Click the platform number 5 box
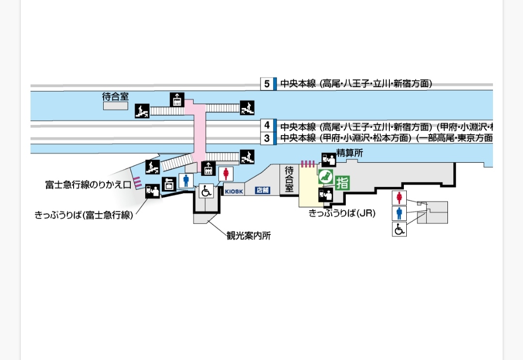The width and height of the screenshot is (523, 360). click(267, 84)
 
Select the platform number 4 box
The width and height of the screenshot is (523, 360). click(267, 125)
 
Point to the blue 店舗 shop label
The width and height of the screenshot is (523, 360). click(262, 191)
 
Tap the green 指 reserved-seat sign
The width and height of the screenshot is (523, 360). click(342, 183)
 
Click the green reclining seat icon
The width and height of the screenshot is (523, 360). click(325, 176)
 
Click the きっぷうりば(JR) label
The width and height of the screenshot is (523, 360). click(342, 213)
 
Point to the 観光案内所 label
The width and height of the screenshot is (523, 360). click(248, 236)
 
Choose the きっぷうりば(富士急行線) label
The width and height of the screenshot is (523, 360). click(84, 215)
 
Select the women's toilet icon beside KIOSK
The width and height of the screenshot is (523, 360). click(225, 174)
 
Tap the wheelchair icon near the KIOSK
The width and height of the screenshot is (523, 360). click(206, 191)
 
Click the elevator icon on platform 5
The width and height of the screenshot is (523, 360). click(177, 100)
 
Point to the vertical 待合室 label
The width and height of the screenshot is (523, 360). click(289, 179)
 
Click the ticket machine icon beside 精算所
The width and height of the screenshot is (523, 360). click(328, 158)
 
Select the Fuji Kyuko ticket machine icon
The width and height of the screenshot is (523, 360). click(154, 192)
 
